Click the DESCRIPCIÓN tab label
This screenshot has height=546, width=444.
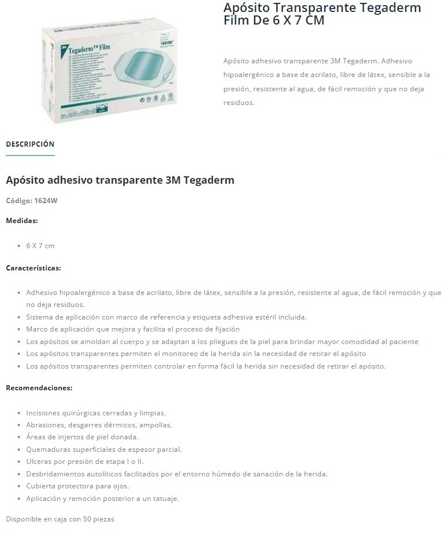click(x=30, y=144)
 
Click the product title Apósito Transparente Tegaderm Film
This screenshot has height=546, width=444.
click(x=322, y=14)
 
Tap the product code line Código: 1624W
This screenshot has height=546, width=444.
click(x=31, y=200)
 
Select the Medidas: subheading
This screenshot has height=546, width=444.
click(x=22, y=220)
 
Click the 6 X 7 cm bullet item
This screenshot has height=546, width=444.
click(x=40, y=245)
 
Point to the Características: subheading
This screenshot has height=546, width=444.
click(x=33, y=268)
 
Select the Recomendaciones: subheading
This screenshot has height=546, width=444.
click(x=39, y=388)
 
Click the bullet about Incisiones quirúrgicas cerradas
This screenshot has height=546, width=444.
click(x=96, y=412)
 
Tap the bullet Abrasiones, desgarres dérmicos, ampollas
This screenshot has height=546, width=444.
click(x=99, y=425)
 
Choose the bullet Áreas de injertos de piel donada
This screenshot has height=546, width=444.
click(x=82, y=437)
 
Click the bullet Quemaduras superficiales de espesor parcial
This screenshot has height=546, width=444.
click(x=104, y=450)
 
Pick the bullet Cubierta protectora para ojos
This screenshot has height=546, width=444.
click(x=78, y=486)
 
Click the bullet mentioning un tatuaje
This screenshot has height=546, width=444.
click(x=103, y=499)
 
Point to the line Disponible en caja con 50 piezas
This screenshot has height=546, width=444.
click(x=60, y=520)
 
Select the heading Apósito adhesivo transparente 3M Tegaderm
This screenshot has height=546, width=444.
click(x=120, y=180)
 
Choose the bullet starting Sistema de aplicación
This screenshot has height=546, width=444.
click(x=166, y=317)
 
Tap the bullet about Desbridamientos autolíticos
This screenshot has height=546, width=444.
click(x=177, y=474)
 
